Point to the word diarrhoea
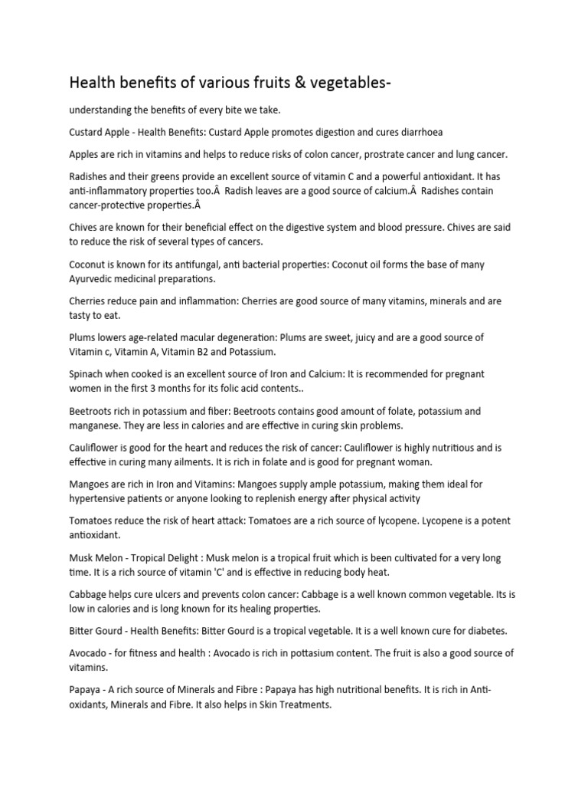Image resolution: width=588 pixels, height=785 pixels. (416, 132)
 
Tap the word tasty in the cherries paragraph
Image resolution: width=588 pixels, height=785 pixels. (82, 316)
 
